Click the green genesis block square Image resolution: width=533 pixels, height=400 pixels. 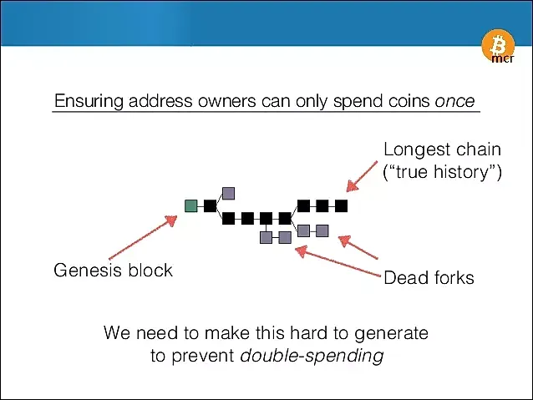[x=191, y=206]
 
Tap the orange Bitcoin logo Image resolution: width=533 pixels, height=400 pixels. [x=498, y=46]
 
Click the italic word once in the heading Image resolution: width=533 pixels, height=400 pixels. [x=454, y=101]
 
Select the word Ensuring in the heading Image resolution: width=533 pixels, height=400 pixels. [x=89, y=102]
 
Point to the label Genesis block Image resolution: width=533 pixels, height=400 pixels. [x=113, y=271]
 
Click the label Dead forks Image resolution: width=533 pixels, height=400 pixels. [x=429, y=277]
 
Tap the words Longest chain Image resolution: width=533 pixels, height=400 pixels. [x=442, y=149]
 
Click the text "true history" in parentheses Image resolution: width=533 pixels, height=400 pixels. [x=442, y=172]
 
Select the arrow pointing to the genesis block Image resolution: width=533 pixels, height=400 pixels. [x=143, y=237]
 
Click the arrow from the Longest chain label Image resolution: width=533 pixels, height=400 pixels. [x=362, y=176]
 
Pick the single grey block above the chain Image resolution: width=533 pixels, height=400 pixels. [x=228, y=194]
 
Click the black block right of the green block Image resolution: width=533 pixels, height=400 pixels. [x=210, y=206]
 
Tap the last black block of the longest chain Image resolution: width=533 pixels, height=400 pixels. [x=342, y=205]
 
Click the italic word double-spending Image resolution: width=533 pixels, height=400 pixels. [x=312, y=357]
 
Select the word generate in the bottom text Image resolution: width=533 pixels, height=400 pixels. [x=391, y=333]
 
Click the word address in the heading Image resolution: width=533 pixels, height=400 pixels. [x=160, y=101]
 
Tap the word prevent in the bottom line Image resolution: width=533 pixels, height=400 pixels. [x=203, y=357]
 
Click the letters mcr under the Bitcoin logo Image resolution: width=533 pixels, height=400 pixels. [x=503, y=58]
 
